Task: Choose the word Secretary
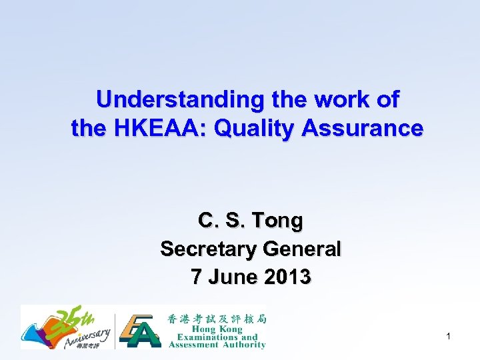click(x=209, y=249)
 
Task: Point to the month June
click(x=230, y=276)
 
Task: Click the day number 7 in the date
click(x=196, y=276)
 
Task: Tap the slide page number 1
click(x=449, y=337)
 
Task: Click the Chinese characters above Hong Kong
click(x=217, y=319)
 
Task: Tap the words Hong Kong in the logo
click(x=217, y=329)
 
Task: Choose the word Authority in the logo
click(x=241, y=345)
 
